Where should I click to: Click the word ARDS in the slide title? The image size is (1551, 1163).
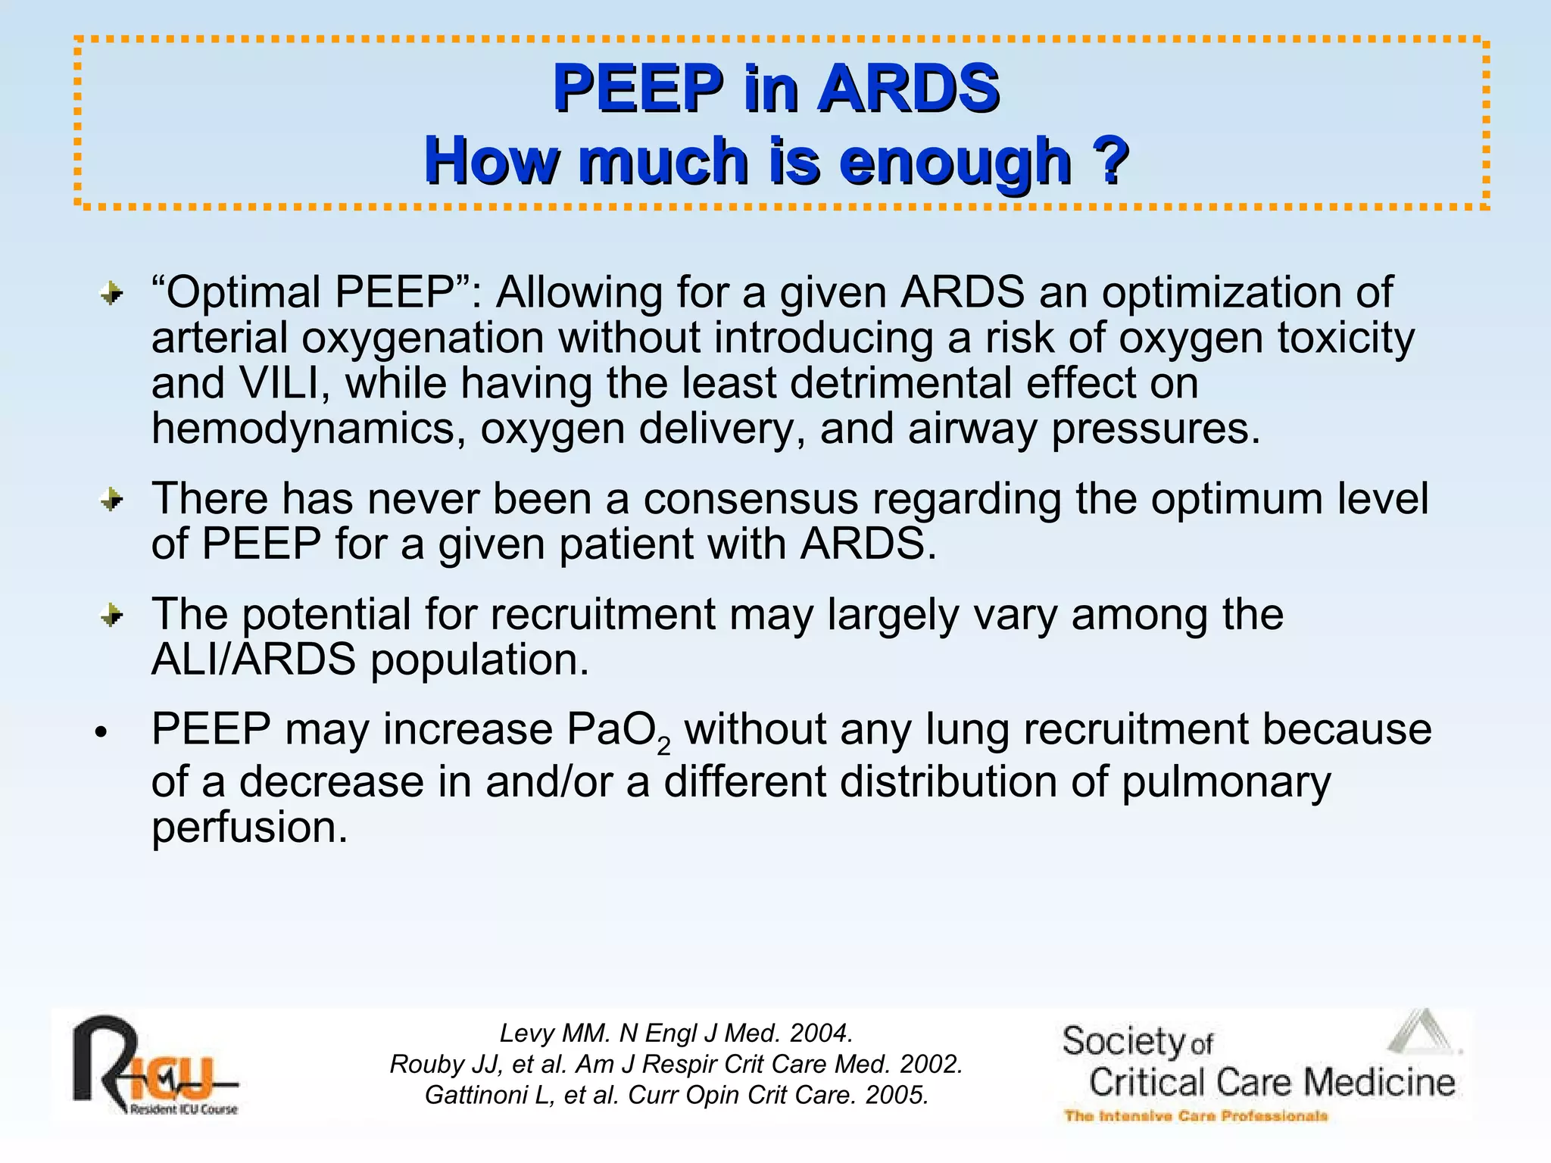(x=909, y=88)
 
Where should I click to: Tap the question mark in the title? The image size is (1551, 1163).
(x=1110, y=161)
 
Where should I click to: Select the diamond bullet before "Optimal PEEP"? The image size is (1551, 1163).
(x=112, y=294)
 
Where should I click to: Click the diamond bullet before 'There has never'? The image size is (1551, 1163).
(x=112, y=500)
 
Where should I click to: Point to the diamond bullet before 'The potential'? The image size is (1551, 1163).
(x=112, y=616)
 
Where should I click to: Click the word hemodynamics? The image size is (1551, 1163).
(x=307, y=429)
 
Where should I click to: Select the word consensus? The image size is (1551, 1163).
(x=751, y=500)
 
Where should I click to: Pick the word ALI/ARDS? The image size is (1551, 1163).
(x=253, y=660)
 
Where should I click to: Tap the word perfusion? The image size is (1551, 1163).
(x=249, y=827)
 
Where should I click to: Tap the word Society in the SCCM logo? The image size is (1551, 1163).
(x=1123, y=1042)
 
